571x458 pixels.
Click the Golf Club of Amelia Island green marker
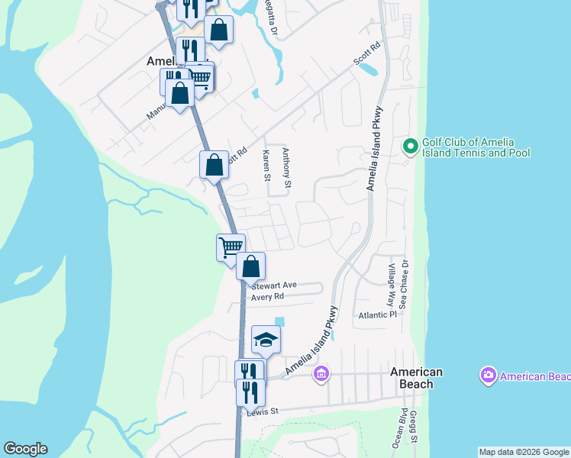[410, 145]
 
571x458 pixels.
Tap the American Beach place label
[416, 378]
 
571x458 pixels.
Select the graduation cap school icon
[266, 340]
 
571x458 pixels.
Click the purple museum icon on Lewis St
[321, 373]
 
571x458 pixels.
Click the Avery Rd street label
[267, 296]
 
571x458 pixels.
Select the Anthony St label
[287, 167]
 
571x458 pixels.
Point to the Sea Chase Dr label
[405, 284]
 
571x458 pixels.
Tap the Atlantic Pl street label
[378, 314]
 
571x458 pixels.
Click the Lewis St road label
[263, 412]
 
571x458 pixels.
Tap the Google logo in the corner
[25, 449]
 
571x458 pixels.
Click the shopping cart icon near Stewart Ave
[231, 247]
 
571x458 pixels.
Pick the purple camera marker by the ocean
[487, 376]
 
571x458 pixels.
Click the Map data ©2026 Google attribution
[524, 452]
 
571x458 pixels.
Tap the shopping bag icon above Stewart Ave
[250, 266]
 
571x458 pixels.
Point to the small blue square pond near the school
[279, 321]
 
